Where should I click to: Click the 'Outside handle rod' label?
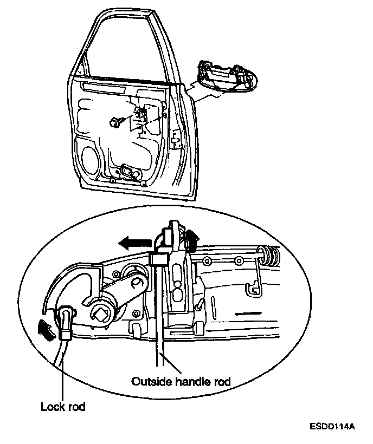tap(181, 381)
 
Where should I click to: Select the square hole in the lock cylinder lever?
tap(100, 312)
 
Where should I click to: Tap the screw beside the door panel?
tap(115, 123)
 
